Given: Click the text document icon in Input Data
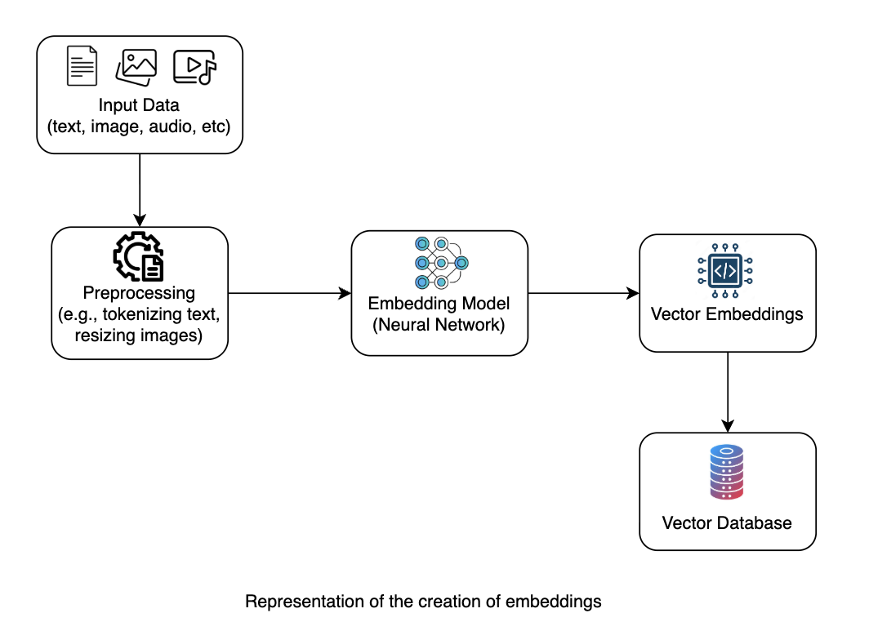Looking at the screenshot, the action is click(x=82, y=66).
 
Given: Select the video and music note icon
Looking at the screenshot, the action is click(x=194, y=67).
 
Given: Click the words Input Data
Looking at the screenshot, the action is click(x=139, y=105).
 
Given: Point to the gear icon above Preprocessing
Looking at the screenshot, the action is click(x=139, y=255).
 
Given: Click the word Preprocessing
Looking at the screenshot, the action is click(x=139, y=292).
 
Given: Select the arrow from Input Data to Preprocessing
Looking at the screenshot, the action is click(x=140, y=190).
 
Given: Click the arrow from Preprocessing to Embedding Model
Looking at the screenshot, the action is click(x=289, y=293).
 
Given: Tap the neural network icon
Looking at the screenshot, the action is click(x=441, y=263).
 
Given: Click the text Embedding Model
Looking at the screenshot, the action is click(x=439, y=304).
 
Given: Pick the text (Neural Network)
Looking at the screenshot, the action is click(x=439, y=325).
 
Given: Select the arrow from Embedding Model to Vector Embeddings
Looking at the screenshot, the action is click(x=584, y=293).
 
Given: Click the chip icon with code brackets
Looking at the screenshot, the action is click(x=725, y=271).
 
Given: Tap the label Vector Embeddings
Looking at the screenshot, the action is click(x=727, y=314).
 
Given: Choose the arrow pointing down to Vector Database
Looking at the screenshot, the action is click(x=728, y=392).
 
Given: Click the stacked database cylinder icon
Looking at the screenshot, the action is click(x=727, y=473).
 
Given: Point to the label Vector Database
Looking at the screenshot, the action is click(x=727, y=523).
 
